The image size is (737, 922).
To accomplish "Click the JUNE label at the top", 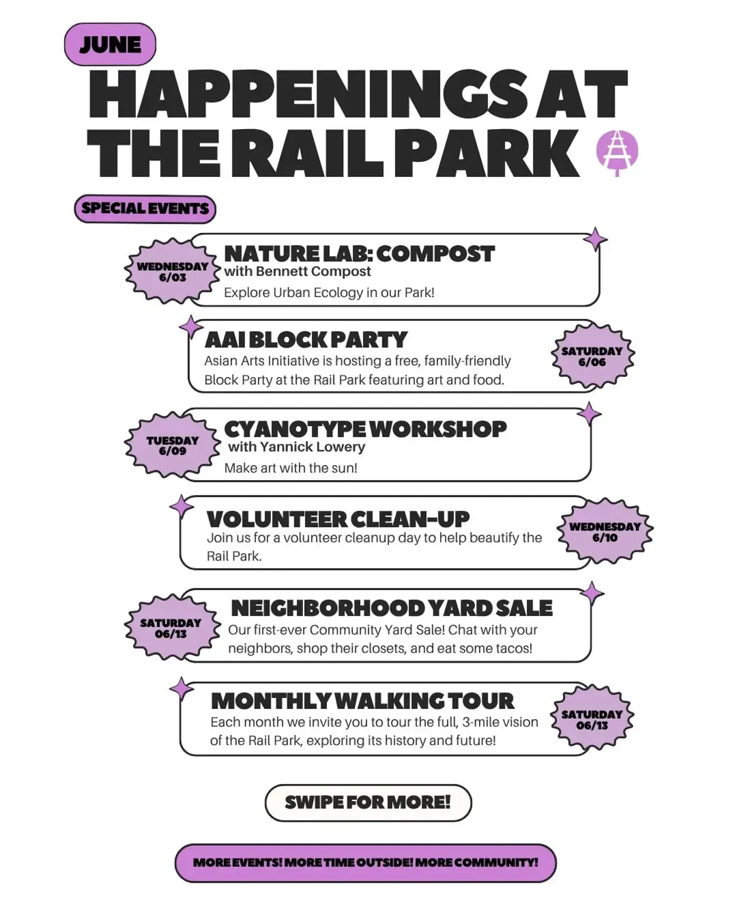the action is (110, 44).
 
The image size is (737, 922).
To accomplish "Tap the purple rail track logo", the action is (617, 152).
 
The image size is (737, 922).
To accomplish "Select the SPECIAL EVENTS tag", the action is (145, 209).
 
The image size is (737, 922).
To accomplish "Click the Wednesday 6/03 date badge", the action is (173, 271).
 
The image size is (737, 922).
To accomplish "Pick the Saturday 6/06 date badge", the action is (592, 357).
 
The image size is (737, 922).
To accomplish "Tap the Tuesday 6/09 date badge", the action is (173, 445).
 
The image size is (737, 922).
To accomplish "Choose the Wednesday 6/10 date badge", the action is (605, 532).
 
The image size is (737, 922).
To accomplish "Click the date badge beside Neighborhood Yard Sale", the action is (171, 628).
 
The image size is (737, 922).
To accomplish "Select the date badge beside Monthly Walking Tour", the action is (592, 720).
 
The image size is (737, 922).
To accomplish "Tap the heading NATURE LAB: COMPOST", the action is (360, 253).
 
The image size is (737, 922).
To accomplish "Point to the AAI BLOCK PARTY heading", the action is (306, 339).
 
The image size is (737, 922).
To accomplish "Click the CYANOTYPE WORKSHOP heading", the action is (365, 429).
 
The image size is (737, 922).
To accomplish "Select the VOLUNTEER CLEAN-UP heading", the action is (338, 519).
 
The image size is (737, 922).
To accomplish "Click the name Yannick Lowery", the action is (313, 447).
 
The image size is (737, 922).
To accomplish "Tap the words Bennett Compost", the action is (313, 271).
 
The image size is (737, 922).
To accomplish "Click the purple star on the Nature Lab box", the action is (595, 240).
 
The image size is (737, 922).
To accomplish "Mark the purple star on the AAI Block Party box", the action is (191, 327).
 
